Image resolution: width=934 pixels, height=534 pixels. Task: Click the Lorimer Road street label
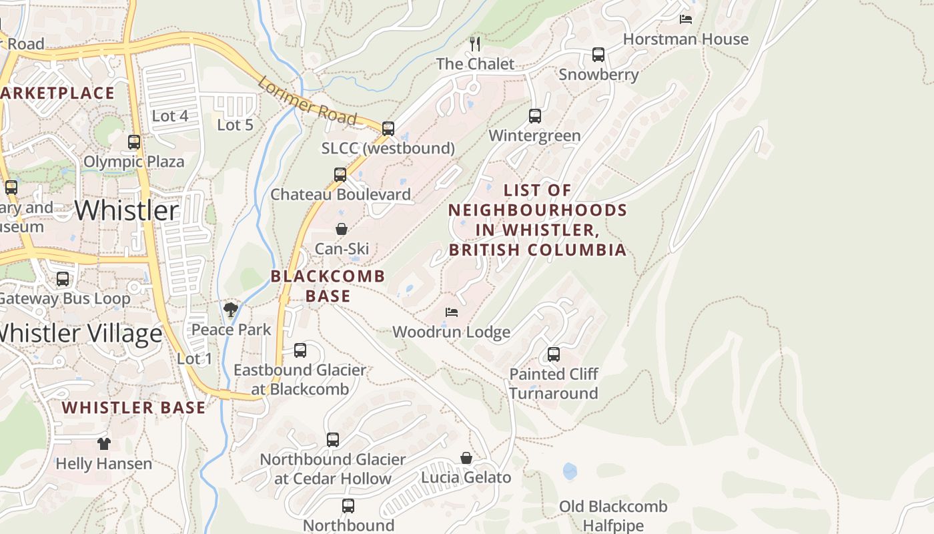[x=307, y=101]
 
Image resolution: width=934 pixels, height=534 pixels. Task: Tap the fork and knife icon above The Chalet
[x=475, y=44]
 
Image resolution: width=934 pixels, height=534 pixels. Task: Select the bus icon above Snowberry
[x=598, y=55]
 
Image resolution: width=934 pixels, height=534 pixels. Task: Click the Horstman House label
[x=685, y=39]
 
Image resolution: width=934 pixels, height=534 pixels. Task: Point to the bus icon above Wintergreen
[x=535, y=116]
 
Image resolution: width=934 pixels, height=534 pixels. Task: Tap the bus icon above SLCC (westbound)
[x=388, y=128]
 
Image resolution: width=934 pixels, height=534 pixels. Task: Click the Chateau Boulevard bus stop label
[x=340, y=194]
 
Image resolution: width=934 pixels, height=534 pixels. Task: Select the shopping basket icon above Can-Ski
[x=341, y=229]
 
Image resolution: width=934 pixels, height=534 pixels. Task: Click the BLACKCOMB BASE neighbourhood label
[x=328, y=286]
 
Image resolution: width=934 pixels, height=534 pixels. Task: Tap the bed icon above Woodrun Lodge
[x=452, y=312]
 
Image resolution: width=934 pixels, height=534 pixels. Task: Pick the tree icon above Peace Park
[x=231, y=309]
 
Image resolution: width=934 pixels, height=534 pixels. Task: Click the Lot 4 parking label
[x=170, y=116]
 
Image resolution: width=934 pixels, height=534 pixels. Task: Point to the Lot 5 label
[x=235, y=125]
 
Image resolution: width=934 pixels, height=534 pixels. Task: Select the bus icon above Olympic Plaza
[x=134, y=142]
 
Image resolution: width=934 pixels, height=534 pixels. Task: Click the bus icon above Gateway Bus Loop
[x=63, y=279]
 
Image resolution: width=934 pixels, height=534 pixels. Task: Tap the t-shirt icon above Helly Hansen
[x=103, y=443]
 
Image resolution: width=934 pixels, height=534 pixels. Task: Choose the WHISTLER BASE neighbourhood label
[x=133, y=407]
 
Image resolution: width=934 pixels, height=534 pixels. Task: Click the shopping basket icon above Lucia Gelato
[x=466, y=458]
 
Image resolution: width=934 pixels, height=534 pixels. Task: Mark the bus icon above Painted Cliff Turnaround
[x=554, y=354]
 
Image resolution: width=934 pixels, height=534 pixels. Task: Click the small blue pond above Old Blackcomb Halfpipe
[x=570, y=471]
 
